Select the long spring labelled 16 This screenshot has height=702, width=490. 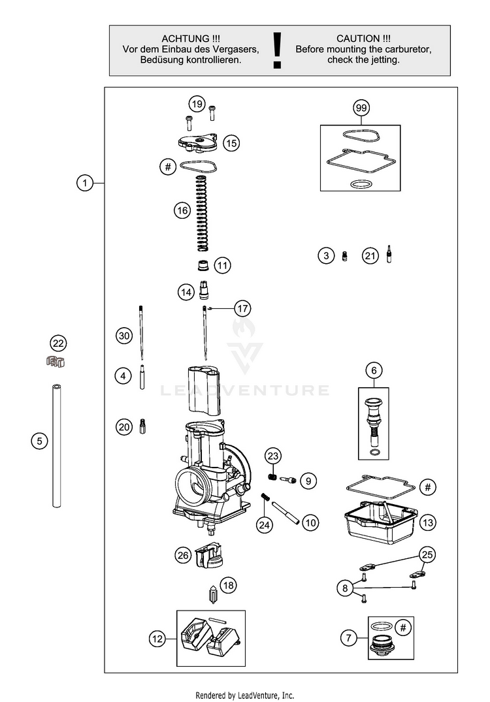pyautogui.click(x=203, y=212)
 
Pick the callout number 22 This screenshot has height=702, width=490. pyautogui.click(x=59, y=343)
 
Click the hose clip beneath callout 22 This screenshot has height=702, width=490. pyautogui.click(x=57, y=360)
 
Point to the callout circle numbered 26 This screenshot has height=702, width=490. pyautogui.click(x=183, y=555)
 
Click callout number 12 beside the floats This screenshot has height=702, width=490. pyautogui.click(x=157, y=639)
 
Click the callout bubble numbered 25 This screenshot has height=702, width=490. pyautogui.click(x=427, y=555)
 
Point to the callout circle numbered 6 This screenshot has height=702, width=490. pyautogui.click(x=374, y=371)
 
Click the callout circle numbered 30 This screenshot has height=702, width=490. pyautogui.click(x=124, y=336)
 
